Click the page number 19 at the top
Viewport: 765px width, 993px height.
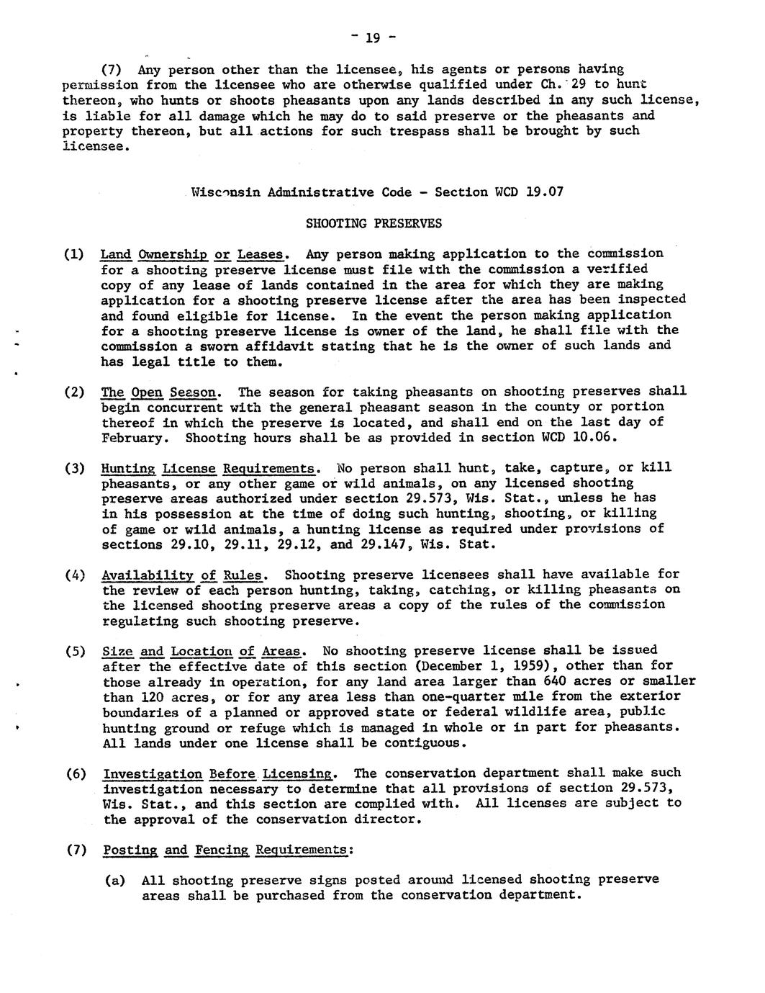pos(373,38)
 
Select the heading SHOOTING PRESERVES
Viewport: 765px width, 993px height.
pos(374,223)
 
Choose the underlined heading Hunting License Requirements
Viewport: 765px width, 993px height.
pos(209,468)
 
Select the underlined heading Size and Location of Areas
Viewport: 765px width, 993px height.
pos(202,652)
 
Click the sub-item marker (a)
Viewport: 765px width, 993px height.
pos(114,881)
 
